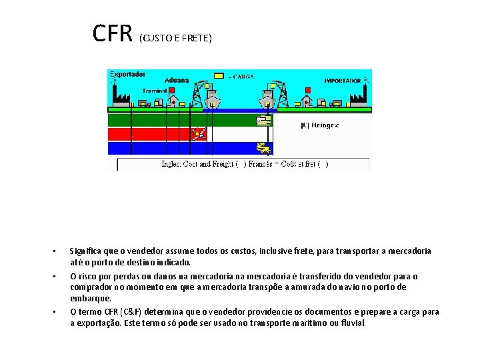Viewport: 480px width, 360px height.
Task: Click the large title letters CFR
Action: coord(113,33)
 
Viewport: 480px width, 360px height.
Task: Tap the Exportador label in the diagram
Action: coord(127,74)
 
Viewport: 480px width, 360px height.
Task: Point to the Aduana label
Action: coord(177,81)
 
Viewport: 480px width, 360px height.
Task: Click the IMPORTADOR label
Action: coord(342,81)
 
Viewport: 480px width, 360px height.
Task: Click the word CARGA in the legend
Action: coord(243,77)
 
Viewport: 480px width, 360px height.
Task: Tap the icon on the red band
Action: coord(199,134)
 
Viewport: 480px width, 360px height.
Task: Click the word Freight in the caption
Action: coord(221,164)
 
